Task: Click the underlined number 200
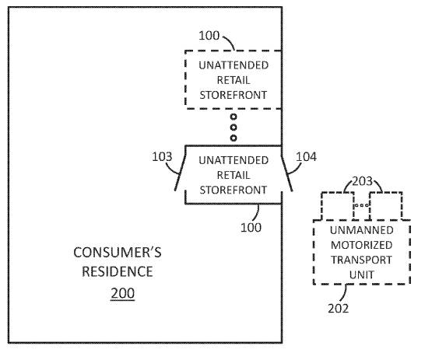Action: [123, 293]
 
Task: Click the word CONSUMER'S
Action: [118, 253]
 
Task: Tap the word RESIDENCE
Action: [118, 271]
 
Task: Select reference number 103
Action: [162, 156]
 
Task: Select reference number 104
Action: [306, 157]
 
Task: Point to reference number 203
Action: [362, 181]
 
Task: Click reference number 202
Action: [338, 308]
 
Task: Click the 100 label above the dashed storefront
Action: [209, 36]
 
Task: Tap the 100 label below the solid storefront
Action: [251, 227]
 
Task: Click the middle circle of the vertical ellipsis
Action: [234, 128]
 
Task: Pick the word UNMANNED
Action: [361, 230]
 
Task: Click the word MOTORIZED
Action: [361, 245]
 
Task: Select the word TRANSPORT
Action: [361, 260]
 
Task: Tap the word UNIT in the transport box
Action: [361, 274]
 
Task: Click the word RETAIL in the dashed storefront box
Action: [234, 80]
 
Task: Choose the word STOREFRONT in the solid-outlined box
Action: [234, 190]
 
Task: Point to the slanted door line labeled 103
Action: [180, 173]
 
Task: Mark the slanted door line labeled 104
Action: [286, 173]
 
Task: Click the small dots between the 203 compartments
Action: [361, 205]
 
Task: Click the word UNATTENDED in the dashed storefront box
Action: [234, 65]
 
